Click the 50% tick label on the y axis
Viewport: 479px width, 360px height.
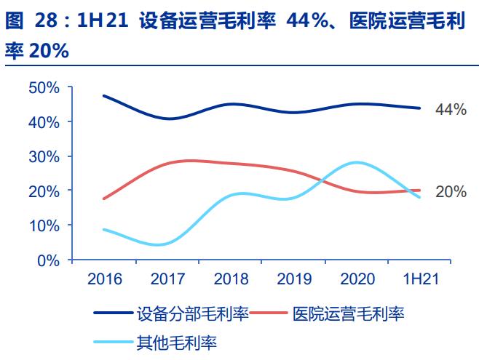tap(43, 87)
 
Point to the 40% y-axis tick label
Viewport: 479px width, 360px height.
tap(43, 121)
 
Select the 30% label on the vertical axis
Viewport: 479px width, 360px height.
tap(43, 156)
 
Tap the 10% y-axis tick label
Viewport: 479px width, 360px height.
tap(43, 225)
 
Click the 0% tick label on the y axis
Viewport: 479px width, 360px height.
tap(47, 260)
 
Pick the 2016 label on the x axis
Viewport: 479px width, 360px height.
tap(105, 279)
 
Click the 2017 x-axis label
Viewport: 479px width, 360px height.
tap(168, 279)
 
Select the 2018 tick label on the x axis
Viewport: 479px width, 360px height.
tap(231, 279)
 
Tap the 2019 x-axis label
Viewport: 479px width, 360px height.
tap(293, 279)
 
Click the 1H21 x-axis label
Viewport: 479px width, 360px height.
tap(419, 279)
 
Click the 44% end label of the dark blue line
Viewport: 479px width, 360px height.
tap(451, 110)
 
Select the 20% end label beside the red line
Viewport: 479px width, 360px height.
tap(451, 192)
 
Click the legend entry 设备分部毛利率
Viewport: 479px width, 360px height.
tap(192, 314)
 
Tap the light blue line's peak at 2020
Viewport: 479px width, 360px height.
tap(356, 162)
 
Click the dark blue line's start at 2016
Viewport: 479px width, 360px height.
tap(105, 96)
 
